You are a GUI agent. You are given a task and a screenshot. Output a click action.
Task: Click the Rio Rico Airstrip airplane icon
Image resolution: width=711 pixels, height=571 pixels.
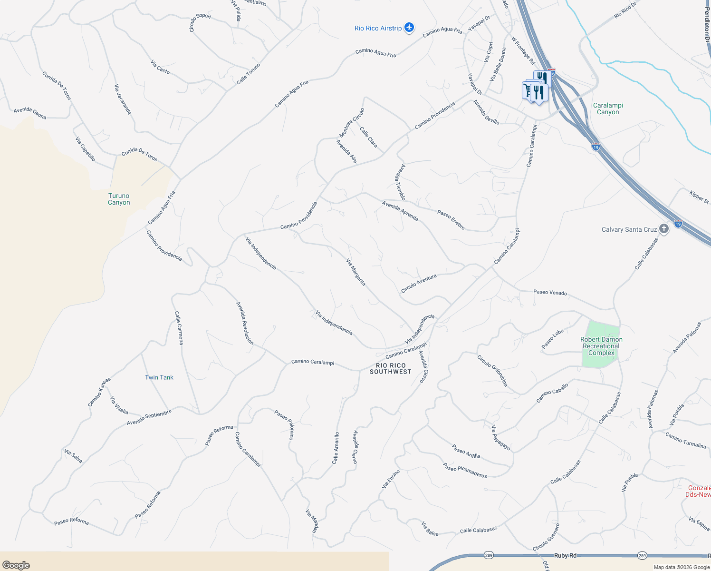[x=409, y=28]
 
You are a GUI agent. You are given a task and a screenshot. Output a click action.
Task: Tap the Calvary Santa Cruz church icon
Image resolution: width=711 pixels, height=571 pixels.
[x=664, y=229]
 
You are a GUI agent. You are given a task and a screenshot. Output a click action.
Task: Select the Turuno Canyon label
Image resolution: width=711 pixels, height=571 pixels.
[x=119, y=199]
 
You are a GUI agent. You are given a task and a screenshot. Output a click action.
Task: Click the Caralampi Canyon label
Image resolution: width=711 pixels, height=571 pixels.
[x=608, y=108]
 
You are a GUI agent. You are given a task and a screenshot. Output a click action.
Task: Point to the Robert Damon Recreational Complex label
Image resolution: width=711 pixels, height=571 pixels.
[x=601, y=346]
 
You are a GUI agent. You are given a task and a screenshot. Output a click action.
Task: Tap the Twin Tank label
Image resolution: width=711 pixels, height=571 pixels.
[x=159, y=377]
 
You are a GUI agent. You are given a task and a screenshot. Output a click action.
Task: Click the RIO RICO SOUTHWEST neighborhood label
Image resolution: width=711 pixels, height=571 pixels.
[x=391, y=368]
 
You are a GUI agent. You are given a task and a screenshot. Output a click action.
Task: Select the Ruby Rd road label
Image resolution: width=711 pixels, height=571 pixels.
[x=565, y=555]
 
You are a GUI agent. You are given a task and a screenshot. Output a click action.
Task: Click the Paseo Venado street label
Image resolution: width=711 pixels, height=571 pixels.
[x=550, y=293]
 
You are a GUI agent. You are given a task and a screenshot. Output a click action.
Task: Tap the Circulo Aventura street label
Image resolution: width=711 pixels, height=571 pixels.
[x=419, y=284]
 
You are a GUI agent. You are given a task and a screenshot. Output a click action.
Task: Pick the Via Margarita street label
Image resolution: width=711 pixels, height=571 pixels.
[x=356, y=272]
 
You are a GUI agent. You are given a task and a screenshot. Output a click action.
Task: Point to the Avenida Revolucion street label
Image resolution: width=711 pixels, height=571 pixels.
[x=245, y=323]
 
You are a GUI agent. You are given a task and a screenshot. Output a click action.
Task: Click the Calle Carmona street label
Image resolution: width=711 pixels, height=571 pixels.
[x=179, y=328]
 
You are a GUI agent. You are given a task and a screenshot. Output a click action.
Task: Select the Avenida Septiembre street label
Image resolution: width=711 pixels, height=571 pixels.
[x=149, y=417]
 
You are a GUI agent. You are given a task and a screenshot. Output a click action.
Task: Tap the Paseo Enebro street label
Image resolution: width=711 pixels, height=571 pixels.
[x=451, y=220]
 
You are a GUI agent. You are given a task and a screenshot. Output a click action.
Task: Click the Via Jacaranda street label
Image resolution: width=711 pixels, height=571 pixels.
[x=123, y=99]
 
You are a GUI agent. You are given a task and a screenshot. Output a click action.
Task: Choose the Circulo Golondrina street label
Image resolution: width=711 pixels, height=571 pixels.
[x=493, y=370]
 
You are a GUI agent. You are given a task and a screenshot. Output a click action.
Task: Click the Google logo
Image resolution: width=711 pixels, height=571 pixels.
[x=16, y=565]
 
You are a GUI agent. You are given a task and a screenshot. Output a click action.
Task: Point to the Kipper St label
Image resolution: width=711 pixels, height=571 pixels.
[x=699, y=197]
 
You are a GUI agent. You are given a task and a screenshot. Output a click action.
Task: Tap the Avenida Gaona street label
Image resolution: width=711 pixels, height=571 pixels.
[x=30, y=113]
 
